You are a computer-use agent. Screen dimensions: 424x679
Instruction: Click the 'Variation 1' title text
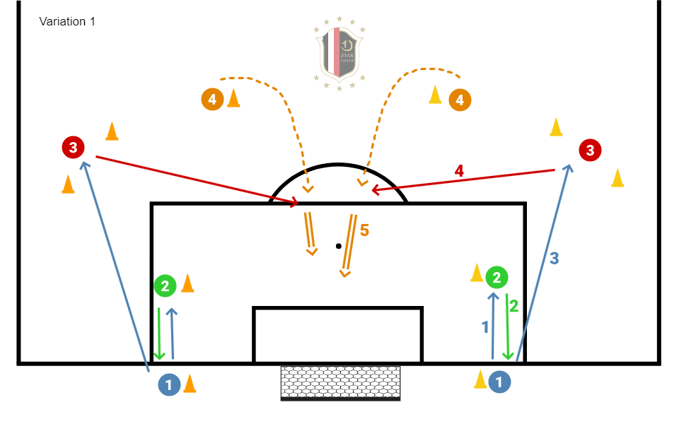point(67,22)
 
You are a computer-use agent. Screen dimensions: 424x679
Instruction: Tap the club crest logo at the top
point(340,53)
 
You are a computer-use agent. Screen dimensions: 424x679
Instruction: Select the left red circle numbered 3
point(73,148)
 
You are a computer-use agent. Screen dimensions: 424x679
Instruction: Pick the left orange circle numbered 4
point(212,99)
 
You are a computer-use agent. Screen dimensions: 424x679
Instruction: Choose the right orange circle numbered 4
point(460,100)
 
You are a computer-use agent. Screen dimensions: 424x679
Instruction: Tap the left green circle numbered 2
point(165,285)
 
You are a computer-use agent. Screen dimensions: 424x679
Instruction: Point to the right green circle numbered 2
point(497,278)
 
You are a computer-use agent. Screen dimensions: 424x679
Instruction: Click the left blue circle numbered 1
point(169,384)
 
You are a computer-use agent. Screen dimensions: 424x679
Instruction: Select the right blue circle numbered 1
point(500,382)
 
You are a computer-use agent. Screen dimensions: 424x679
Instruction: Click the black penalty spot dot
point(339,246)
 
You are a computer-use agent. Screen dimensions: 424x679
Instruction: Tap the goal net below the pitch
point(340,382)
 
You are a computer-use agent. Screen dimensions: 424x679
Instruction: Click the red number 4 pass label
point(459,170)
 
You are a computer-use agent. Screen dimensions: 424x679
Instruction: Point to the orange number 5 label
point(365,230)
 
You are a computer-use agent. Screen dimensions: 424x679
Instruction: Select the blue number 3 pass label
point(555,259)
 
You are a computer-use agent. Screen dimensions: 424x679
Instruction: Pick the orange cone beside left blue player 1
point(190,383)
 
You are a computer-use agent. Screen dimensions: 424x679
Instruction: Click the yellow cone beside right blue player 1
point(480,379)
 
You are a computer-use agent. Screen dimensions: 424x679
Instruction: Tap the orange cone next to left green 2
point(187,283)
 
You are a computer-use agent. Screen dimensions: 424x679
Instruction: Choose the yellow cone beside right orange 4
point(436,95)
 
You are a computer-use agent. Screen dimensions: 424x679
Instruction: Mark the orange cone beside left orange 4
point(233,98)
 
